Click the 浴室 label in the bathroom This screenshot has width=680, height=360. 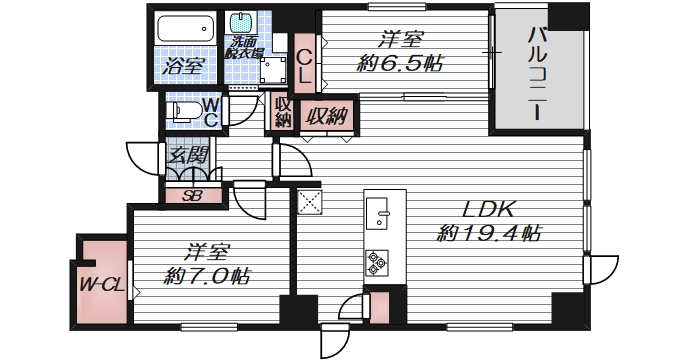tap(183, 68)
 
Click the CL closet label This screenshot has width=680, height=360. tap(306, 63)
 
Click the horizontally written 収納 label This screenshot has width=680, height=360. tap(326, 116)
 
